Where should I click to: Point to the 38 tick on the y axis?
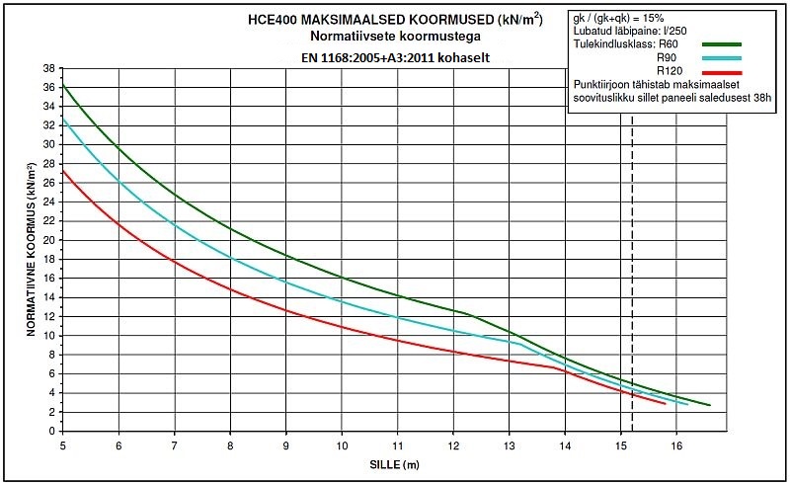click(x=48, y=68)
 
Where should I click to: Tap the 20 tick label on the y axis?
click(x=48, y=240)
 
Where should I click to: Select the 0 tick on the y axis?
click(x=51, y=432)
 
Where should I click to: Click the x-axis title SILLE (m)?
click(x=386, y=464)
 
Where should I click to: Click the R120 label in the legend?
click(x=671, y=72)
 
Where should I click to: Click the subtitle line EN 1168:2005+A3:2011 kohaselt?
click(x=396, y=57)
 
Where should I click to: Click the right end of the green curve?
click(x=710, y=405)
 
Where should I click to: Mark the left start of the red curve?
click(x=63, y=170)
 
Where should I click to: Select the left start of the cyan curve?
click(x=63, y=119)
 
